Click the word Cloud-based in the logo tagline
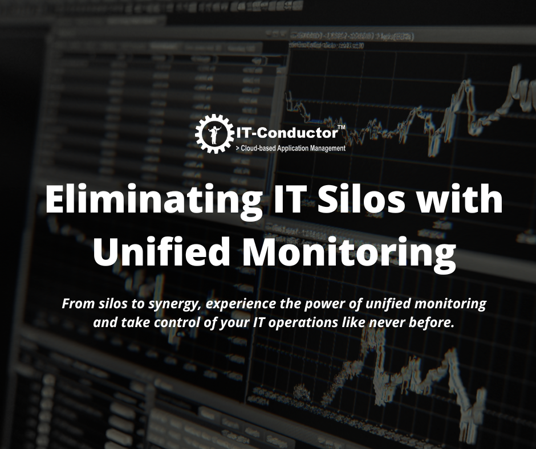260,148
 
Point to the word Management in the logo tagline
326,148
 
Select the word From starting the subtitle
75,304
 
